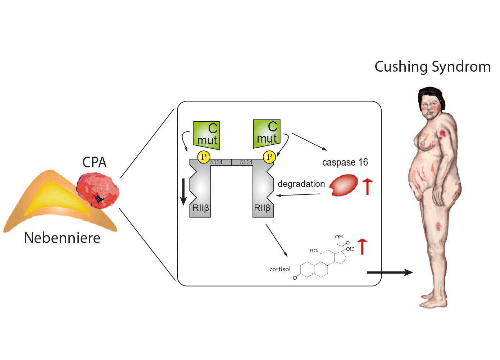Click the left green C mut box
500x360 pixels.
(x=206, y=135)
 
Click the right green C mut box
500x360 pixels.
(x=267, y=134)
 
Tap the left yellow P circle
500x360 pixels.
(x=204, y=157)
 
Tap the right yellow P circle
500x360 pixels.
(x=269, y=157)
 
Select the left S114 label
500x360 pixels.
(x=217, y=162)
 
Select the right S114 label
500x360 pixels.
(x=246, y=162)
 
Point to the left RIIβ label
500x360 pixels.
(x=201, y=208)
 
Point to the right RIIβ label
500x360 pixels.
(x=262, y=208)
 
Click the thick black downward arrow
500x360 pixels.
(x=183, y=191)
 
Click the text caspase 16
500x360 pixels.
(x=345, y=162)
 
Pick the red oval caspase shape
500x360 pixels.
(x=344, y=185)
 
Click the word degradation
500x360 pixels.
(x=301, y=184)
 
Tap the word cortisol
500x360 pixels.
(x=280, y=269)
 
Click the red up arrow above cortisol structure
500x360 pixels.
(x=362, y=246)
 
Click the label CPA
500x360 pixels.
(x=94, y=162)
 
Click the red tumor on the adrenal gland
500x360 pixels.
(x=97, y=190)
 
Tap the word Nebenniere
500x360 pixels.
(x=62, y=238)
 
